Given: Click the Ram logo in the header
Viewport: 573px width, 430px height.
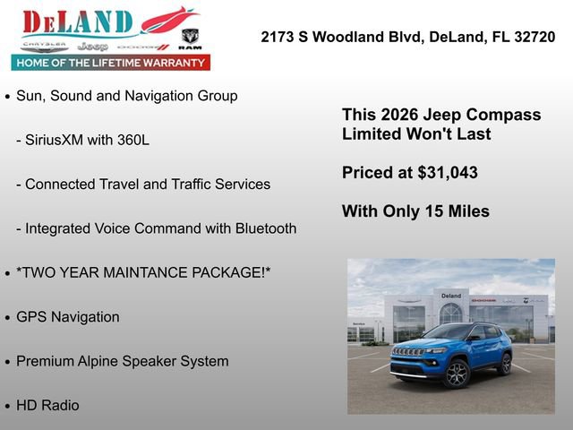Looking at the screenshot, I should click(x=190, y=38).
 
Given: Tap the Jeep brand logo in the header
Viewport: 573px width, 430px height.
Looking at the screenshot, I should click(x=92, y=46).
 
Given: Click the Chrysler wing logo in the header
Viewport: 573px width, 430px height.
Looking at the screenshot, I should click(x=44, y=45).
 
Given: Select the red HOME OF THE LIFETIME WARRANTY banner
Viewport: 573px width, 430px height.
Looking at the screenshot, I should click(x=111, y=63).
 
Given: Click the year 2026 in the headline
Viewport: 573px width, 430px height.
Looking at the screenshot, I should click(x=399, y=116).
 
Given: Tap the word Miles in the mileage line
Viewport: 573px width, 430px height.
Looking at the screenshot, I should click(x=468, y=212).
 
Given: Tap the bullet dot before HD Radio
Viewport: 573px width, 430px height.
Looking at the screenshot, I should click(x=8, y=406).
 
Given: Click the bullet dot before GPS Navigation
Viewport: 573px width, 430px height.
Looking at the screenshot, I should click(x=8, y=317).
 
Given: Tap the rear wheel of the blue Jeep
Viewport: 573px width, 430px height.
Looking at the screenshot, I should click(x=505, y=365).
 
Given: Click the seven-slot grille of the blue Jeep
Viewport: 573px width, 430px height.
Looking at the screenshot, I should click(x=408, y=352).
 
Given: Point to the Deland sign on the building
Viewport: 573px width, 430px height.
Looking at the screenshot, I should click(x=451, y=296).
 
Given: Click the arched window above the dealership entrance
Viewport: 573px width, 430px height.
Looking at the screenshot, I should click(x=451, y=313).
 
